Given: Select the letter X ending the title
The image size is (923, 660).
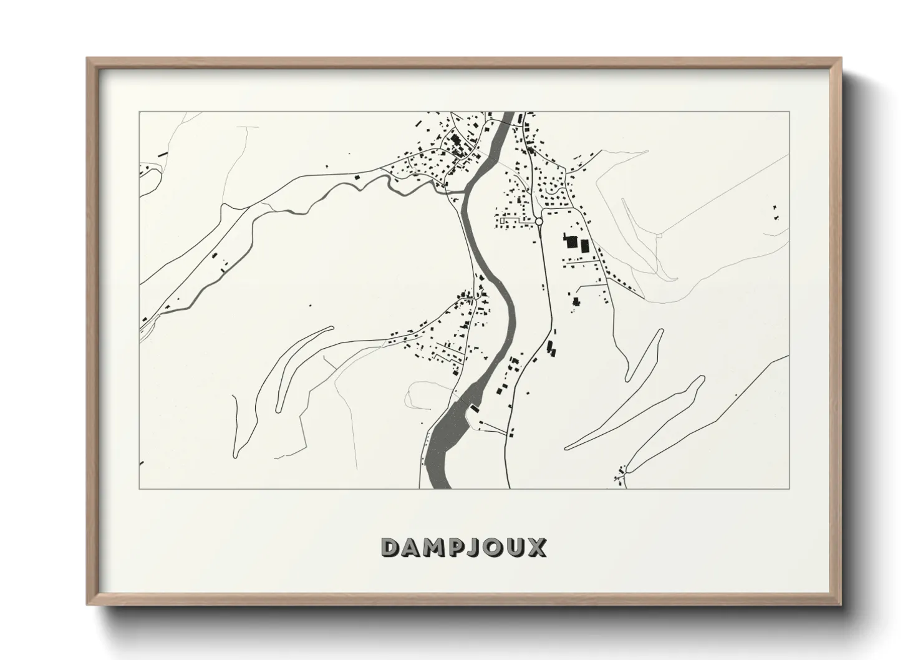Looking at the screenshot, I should tap(536, 547).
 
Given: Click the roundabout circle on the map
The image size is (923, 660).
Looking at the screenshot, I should tap(539, 221).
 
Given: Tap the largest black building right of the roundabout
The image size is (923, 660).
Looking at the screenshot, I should tap(570, 241).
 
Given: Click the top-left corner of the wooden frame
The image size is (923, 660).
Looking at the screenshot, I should tap(88, 59).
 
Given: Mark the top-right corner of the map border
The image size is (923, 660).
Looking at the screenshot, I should tap(790, 112).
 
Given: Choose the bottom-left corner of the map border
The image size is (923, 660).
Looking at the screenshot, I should tap(139, 488).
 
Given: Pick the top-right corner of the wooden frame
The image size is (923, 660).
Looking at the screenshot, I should tap(841, 59).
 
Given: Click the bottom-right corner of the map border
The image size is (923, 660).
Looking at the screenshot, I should tap(790, 488).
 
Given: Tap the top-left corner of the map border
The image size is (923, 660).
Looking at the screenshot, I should tap(139, 112).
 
